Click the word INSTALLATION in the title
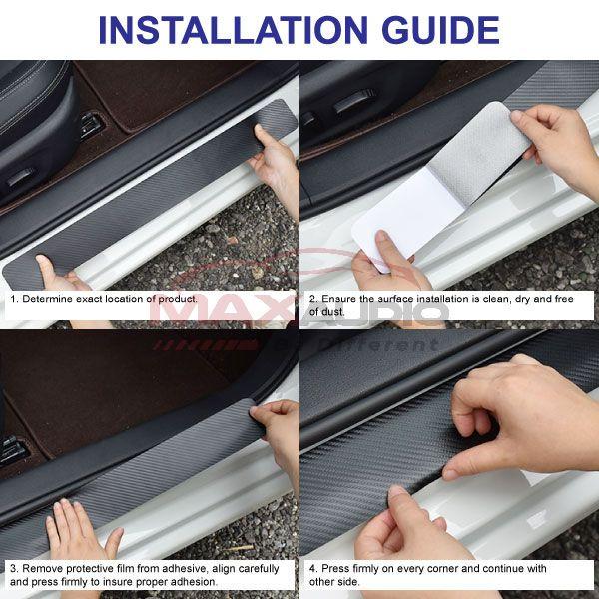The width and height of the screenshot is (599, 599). coord(233,30)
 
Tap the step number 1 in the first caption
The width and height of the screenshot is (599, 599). coord(13,299)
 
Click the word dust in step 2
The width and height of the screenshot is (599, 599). coord(333,312)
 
